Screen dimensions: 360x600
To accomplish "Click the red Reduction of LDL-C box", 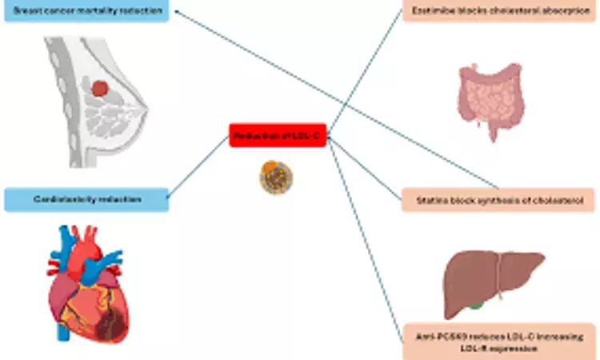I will click(x=278, y=136).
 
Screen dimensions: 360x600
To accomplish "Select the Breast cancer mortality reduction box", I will click(x=86, y=11).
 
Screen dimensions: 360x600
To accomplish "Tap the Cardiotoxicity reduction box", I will click(x=86, y=199).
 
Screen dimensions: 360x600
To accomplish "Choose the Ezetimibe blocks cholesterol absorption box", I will click(x=500, y=11).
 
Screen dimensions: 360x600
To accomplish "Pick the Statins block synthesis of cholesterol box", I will click(x=500, y=199).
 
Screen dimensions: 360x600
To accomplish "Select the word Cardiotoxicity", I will click(x=64, y=199).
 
